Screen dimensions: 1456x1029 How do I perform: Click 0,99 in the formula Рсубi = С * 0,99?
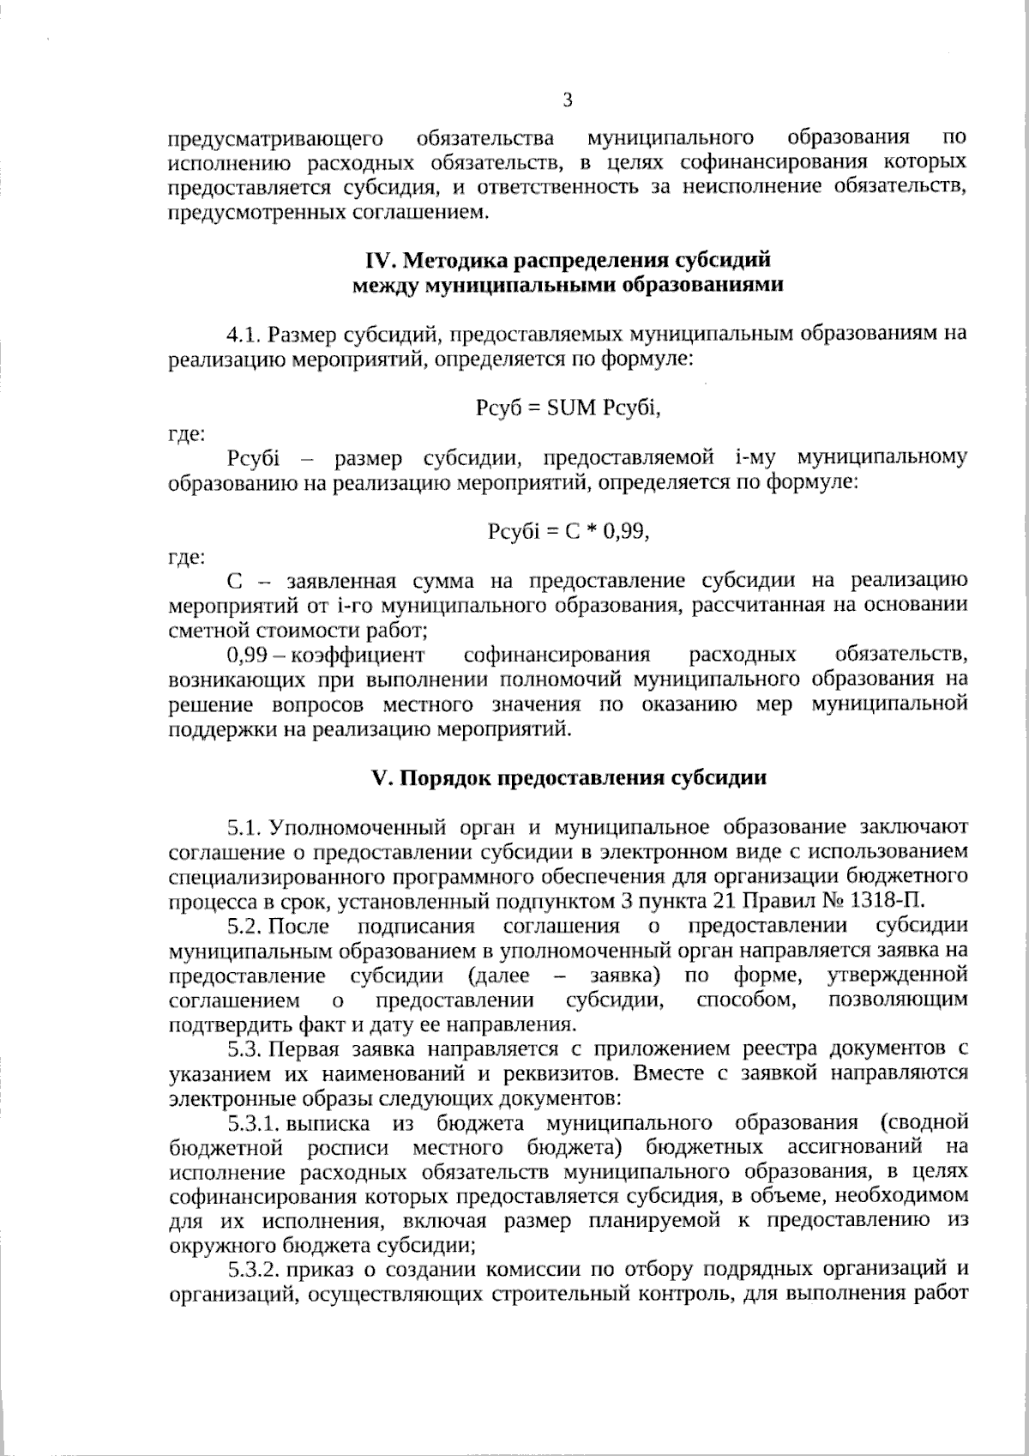(x=625, y=532)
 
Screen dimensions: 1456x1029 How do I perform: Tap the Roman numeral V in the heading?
(x=377, y=778)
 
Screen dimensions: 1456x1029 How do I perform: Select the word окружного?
(x=213, y=1246)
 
